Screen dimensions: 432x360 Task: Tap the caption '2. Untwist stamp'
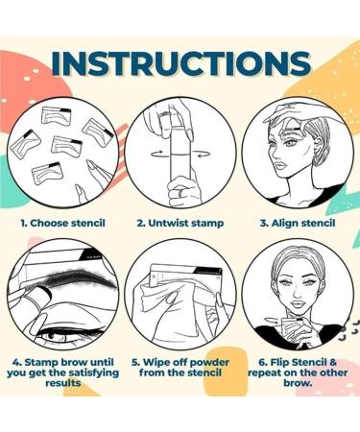(180, 222)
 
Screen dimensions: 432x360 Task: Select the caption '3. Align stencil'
(299, 222)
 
